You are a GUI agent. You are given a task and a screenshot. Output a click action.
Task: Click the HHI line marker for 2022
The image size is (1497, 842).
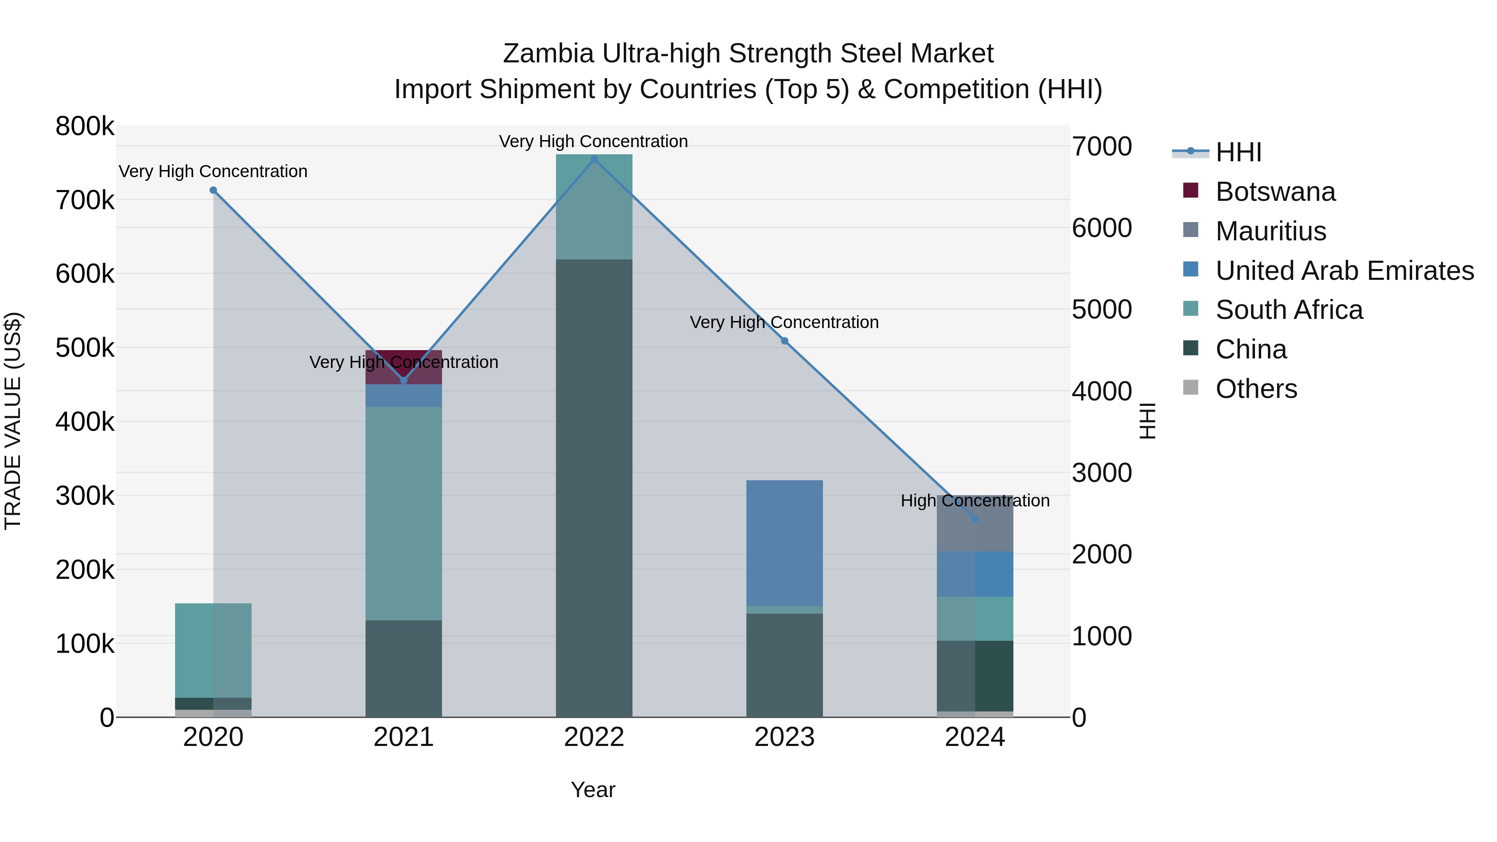(x=594, y=159)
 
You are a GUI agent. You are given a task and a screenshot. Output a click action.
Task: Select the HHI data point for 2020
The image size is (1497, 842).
(x=213, y=190)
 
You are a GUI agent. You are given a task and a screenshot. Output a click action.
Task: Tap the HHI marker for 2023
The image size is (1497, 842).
(x=785, y=341)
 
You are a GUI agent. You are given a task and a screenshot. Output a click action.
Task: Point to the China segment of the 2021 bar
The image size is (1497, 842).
(x=404, y=668)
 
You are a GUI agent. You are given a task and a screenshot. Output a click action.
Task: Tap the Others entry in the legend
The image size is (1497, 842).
(x=1256, y=389)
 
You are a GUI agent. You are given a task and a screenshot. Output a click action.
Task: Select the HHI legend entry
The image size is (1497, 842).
(x=1238, y=152)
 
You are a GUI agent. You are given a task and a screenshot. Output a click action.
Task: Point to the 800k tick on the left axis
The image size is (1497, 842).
(x=85, y=126)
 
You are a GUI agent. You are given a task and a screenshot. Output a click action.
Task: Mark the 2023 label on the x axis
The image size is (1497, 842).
(x=785, y=737)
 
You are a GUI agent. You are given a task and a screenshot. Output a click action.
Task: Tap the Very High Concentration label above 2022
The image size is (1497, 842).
(x=593, y=141)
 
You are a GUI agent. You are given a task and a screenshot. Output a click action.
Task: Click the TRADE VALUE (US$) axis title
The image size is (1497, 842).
(x=13, y=421)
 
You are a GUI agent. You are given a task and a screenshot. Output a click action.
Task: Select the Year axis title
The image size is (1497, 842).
(x=593, y=790)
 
